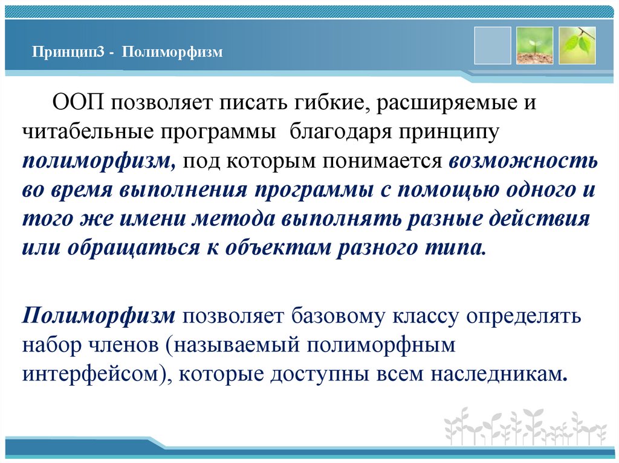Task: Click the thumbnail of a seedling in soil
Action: pos(534,45)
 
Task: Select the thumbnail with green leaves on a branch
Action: pos(577,45)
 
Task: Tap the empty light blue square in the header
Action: pos(492,45)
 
